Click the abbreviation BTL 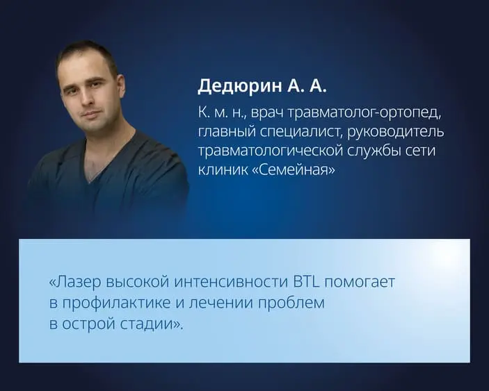[x=308, y=283]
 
